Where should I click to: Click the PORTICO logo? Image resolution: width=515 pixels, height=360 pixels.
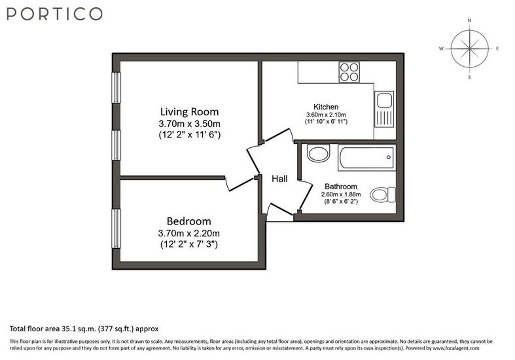54,14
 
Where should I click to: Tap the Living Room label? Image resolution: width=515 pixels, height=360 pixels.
190,112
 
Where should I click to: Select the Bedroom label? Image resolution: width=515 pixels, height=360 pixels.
189,221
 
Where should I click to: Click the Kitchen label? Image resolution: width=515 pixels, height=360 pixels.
326,107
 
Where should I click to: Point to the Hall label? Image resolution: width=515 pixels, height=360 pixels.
279,179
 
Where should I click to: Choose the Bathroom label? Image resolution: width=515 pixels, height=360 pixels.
341,187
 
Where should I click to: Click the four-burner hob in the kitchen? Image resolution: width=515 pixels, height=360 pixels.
349,72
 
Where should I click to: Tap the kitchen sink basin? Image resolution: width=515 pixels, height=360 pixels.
384,100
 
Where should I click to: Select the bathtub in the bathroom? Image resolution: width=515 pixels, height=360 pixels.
367,158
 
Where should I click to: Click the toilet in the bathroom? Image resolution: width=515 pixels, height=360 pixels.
383,194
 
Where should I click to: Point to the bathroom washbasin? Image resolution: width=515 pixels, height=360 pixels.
318,153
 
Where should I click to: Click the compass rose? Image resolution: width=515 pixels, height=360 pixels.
470,49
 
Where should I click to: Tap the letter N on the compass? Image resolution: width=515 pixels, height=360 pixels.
469,20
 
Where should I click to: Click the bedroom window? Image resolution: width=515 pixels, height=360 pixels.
116,228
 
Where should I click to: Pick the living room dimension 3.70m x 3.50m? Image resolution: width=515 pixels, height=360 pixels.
190,124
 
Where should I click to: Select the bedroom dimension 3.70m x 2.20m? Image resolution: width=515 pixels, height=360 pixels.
189,233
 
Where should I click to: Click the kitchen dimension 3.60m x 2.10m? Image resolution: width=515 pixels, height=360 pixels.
326,115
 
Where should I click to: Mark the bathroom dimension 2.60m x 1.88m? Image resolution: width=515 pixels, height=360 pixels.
341,194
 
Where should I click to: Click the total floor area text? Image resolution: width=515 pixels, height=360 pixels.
84,329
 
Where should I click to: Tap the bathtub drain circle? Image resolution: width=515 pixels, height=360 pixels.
389,157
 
